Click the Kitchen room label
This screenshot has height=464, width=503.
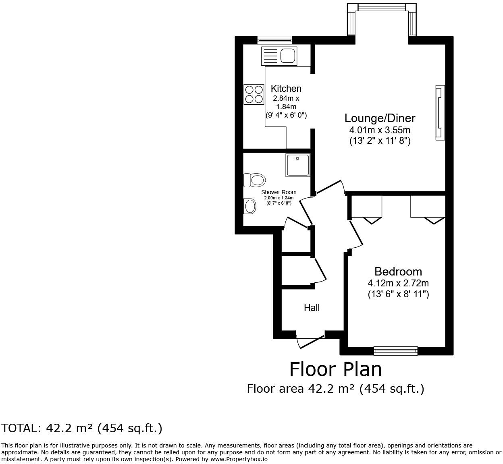(x=286, y=89)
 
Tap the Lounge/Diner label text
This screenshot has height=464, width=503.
(x=380, y=118)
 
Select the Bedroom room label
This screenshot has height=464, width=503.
(x=398, y=271)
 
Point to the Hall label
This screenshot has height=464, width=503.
(x=312, y=308)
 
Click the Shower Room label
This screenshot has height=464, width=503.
(x=279, y=192)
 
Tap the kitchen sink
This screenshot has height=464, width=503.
(x=279, y=56)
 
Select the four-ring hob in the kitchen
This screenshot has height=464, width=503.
(x=254, y=94)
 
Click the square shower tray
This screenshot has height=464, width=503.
(x=298, y=165)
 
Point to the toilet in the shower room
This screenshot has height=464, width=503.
(x=254, y=180)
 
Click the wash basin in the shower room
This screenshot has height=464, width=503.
(x=250, y=207)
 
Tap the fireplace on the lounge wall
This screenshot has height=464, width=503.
(x=440, y=113)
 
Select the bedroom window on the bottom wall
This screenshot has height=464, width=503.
(x=395, y=351)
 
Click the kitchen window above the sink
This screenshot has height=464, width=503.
(x=274, y=40)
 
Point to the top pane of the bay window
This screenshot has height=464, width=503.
(x=381, y=7)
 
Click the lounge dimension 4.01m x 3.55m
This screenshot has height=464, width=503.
(x=380, y=130)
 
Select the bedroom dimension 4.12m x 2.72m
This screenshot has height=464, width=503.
(x=398, y=283)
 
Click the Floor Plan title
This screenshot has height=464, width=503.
(x=335, y=369)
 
